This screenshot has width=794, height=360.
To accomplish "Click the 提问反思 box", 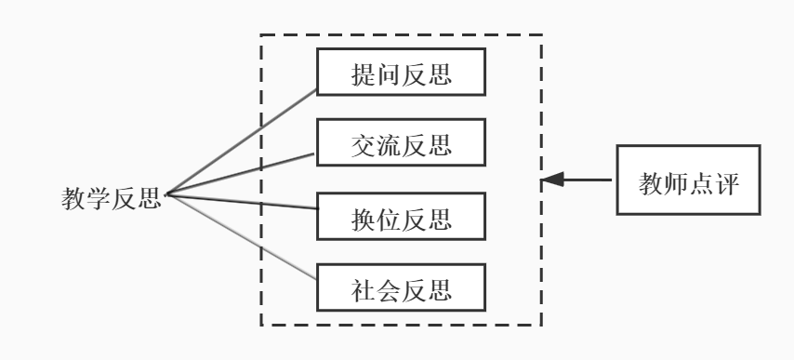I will [401, 73].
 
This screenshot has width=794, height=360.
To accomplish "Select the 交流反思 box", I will [401, 144].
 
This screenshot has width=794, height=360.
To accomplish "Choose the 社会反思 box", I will [401, 287].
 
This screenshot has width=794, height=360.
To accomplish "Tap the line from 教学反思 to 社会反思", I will [242, 236].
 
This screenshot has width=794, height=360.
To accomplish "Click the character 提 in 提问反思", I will [364, 73].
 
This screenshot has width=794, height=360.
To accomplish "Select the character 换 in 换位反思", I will [364, 218].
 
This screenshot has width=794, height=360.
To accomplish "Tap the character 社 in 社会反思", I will [364, 288].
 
